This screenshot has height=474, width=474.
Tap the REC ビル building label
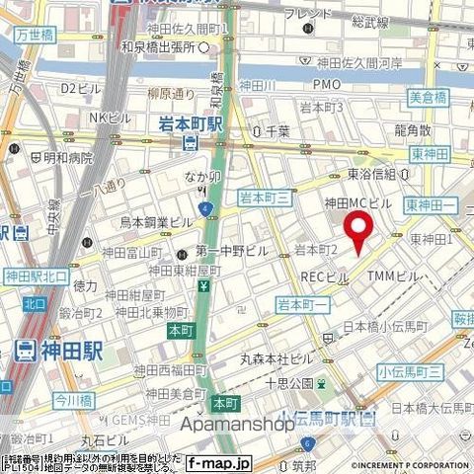click(x=324, y=276)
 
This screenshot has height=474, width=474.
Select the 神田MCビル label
click(x=359, y=203)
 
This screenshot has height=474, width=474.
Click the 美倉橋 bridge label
click(x=428, y=96)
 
